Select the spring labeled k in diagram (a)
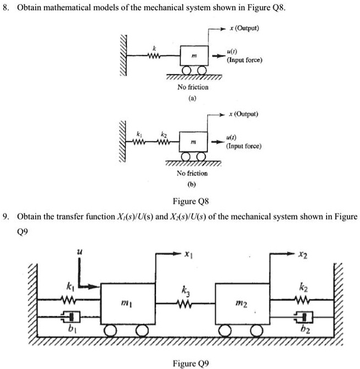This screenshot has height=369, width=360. click(x=153, y=55)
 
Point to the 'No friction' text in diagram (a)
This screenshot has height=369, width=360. click(x=193, y=87)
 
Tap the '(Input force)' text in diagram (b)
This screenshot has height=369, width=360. click(x=244, y=147)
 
